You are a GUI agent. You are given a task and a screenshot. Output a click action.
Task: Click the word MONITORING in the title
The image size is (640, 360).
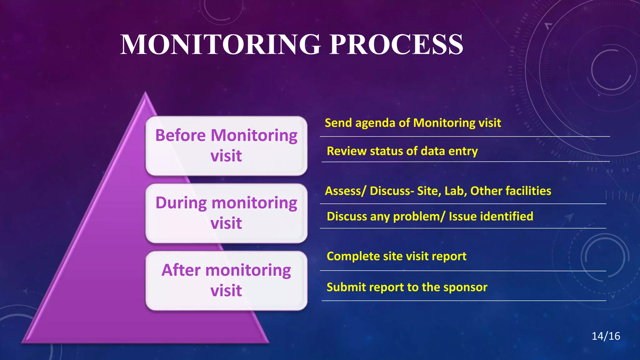[221, 44]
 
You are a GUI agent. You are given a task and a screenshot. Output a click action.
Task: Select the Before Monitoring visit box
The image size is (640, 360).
[226, 146]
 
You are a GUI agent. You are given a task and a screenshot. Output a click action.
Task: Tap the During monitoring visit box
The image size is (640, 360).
[226, 213]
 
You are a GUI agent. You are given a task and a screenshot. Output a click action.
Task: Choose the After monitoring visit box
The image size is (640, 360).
[226, 280]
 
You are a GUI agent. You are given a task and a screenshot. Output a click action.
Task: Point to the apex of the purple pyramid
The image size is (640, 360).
[145, 93]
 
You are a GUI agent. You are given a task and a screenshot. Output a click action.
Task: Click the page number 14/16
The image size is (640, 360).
[606, 336]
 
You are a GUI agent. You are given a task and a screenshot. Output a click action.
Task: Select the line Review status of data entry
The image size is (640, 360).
[402, 151]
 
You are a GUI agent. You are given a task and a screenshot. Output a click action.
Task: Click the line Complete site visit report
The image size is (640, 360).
[396, 256]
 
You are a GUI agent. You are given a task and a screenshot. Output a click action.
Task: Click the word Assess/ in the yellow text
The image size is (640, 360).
[345, 191]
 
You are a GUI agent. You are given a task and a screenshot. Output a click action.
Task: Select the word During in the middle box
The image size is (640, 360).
[181, 203]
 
